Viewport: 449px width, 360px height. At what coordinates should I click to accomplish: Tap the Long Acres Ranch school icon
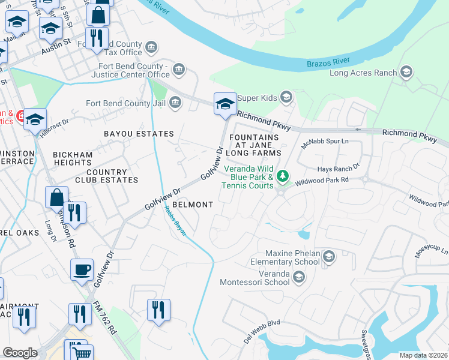click(407, 73)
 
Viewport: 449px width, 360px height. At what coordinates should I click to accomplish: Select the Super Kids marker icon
click(286, 97)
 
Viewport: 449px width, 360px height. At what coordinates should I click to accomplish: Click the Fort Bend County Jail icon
click(175, 103)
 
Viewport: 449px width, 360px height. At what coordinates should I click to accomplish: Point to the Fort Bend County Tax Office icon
click(151, 47)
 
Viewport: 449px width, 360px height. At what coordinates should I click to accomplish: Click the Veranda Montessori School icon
click(299, 277)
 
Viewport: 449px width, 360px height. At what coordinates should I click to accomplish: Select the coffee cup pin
click(82, 270)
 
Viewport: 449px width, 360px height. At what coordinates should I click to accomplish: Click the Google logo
click(20, 353)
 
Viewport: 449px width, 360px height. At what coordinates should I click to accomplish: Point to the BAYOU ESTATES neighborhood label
click(139, 134)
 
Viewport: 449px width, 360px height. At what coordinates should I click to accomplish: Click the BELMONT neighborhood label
click(193, 205)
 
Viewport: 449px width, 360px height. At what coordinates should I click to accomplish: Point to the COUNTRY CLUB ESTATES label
click(106, 175)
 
